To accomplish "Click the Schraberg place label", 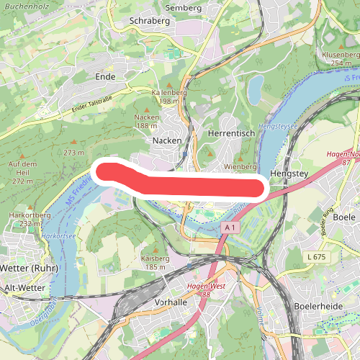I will coord(149,21).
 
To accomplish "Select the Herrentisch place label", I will coord(228,135).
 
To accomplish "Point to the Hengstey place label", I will coord(288,174).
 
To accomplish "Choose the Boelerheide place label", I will coord(318,305).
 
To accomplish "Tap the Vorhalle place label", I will coord(171,302).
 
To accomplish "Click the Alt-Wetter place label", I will coord(24,287).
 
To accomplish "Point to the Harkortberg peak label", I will coord(24,215).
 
